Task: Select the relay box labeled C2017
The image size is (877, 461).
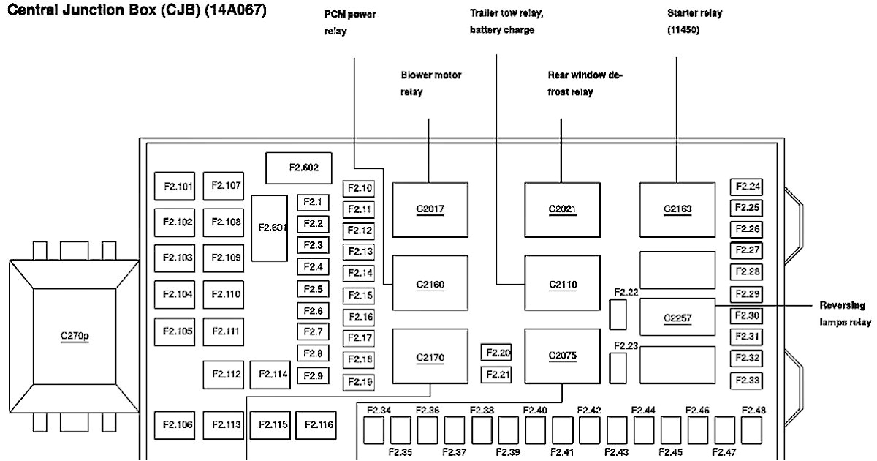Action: click(x=430, y=209)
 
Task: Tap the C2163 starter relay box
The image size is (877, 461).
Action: click(x=677, y=209)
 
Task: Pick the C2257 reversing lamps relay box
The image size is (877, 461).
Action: click(x=677, y=317)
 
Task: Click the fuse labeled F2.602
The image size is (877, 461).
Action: click(x=303, y=168)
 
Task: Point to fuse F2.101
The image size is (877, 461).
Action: click(x=177, y=186)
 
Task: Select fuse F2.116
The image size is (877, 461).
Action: click(x=319, y=424)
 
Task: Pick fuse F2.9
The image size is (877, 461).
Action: click(x=314, y=375)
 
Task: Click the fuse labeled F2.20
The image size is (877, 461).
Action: click(x=496, y=353)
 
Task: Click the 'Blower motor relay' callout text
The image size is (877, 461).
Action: click(x=430, y=83)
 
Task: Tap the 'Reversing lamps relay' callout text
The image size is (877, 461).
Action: click(x=842, y=313)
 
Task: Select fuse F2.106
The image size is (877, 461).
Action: click(x=177, y=424)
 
